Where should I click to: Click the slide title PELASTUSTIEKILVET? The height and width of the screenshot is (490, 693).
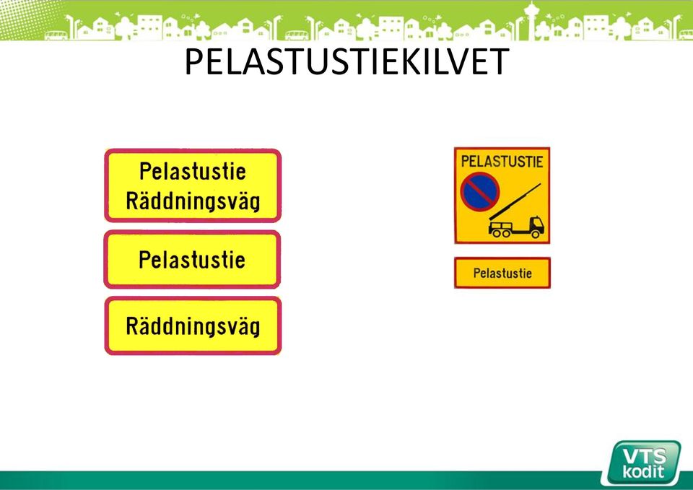(x=347, y=61)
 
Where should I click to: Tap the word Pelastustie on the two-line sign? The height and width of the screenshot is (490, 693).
(x=193, y=171)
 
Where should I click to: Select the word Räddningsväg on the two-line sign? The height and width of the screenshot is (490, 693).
(x=193, y=201)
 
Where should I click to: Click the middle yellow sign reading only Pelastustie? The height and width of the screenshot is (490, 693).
(x=192, y=259)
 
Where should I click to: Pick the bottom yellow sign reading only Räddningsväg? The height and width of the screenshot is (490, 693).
(x=193, y=325)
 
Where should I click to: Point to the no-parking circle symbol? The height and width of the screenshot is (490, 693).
(x=479, y=192)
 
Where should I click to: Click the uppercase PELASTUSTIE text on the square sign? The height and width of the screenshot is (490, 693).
(x=502, y=161)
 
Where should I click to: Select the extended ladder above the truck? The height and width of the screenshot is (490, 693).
(x=515, y=201)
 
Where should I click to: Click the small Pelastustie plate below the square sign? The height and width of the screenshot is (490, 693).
(x=502, y=273)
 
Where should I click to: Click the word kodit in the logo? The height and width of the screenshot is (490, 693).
(x=643, y=472)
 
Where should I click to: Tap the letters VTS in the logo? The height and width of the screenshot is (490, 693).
(x=645, y=455)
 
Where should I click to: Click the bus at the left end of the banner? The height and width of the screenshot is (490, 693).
(x=56, y=35)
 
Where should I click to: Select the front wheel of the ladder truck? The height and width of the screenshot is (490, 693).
(x=536, y=233)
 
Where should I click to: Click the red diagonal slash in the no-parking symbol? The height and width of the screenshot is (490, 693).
(x=479, y=192)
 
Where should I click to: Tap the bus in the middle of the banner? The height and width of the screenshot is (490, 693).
(x=297, y=35)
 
